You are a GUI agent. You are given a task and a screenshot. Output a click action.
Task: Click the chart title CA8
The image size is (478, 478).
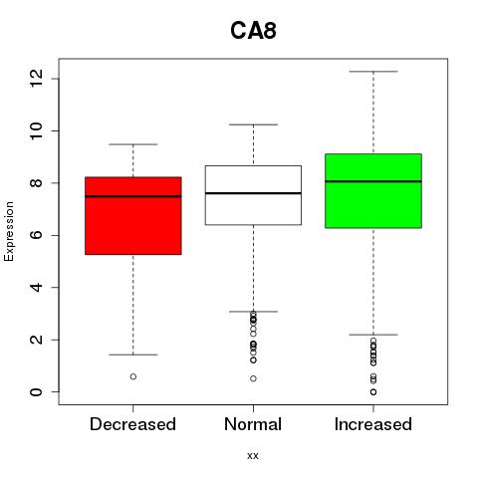click(x=253, y=31)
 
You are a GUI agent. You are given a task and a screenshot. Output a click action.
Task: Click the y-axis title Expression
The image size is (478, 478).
click(x=9, y=232)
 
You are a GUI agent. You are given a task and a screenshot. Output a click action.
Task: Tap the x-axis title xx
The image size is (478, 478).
click(x=253, y=456)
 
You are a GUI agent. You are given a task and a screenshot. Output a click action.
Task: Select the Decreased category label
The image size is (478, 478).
click(x=132, y=424)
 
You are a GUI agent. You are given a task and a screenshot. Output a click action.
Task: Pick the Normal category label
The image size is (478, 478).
click(x=253, y=424)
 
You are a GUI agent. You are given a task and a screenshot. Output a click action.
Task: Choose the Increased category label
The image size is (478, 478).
click(x=373, y=424)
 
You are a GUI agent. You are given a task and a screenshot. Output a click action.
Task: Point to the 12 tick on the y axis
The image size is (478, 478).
click(x=36, y=79)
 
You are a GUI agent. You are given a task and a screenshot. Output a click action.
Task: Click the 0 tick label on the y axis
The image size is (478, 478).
click(x=36, y=392)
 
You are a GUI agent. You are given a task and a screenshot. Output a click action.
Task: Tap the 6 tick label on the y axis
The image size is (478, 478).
click(x=36, y=235)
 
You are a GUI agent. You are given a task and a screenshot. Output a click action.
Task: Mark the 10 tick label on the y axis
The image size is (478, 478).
click(x=36, y=130)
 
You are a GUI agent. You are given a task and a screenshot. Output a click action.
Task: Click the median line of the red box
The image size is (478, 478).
click(x=133, y=196)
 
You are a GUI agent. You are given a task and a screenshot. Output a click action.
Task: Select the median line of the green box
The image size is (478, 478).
click(x=373, y=181)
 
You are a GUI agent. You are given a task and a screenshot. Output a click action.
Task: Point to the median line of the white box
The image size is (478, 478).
click(x=253, y=193)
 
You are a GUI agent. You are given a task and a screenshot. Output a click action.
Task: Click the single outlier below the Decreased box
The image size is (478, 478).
click(x=133, y=376)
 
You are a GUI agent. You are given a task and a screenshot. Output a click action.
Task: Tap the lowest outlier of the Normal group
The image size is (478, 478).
click(x=253, y=378)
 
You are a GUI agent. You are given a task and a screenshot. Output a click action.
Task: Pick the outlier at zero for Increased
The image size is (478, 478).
click(x=373, y=392)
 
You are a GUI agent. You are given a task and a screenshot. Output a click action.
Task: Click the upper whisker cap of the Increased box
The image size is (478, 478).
click(x=373, y=72)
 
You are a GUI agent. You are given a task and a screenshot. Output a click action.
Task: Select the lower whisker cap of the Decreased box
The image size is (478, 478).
click(x=133, y=355)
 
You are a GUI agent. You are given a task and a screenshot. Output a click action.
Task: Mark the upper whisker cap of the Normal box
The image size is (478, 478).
click(x=253, y=124)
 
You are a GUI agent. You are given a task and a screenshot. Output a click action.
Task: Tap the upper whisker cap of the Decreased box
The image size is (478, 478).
click(x=133, y=144)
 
